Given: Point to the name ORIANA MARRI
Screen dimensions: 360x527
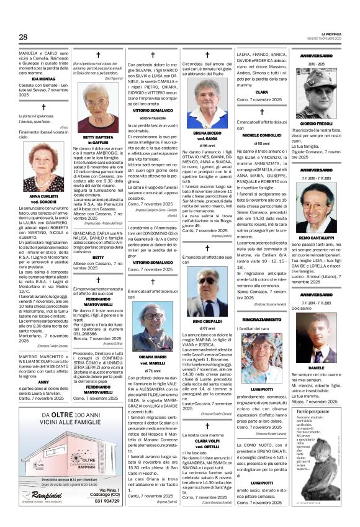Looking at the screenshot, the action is [x=153, y=357].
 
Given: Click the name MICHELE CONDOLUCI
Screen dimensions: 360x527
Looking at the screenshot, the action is [x=263, y=135].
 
